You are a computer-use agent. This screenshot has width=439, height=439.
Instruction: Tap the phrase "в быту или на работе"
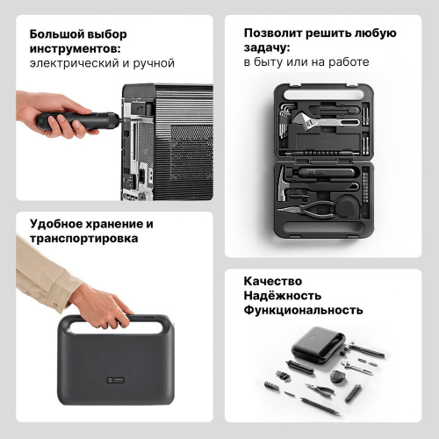click(x=306, y=62)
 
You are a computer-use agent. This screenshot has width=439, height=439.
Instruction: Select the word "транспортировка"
click(x=83, y=238)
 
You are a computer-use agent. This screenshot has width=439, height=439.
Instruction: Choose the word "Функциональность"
click(x=303, y=311)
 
